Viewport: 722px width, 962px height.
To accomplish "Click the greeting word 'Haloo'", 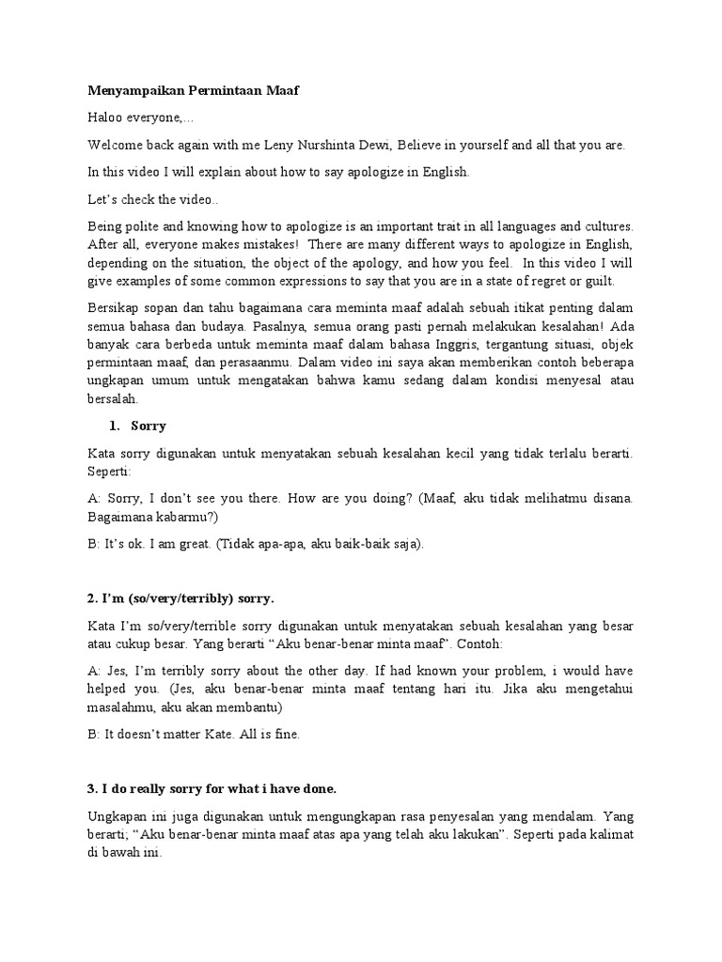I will pos(107,118).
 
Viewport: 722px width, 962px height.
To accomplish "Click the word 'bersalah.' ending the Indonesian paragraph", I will pos(112,397).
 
